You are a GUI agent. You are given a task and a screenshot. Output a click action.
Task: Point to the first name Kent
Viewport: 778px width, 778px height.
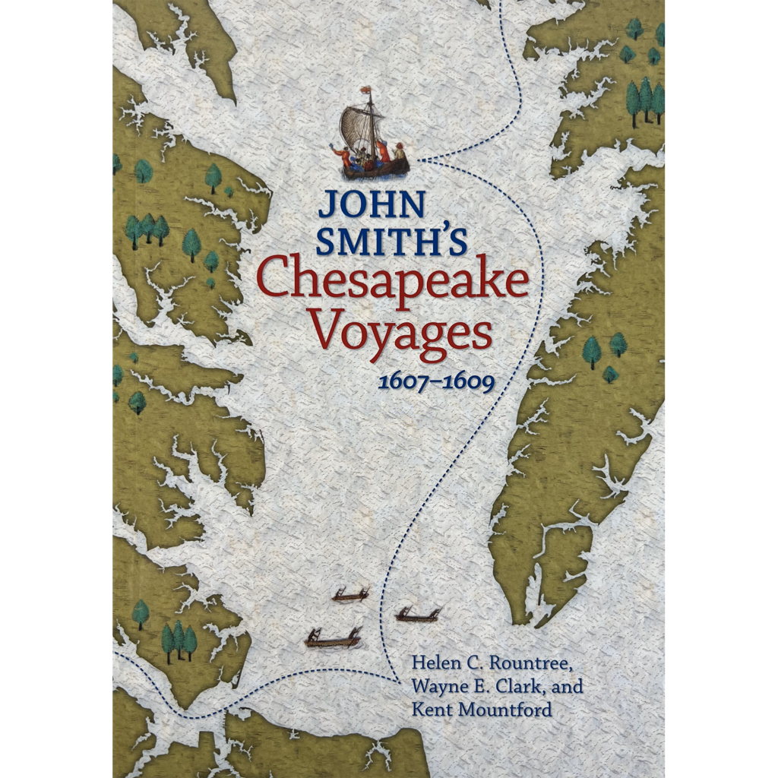click(x=429, y=710)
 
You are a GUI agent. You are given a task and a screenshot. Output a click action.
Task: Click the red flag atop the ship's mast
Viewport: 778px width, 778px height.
click(x=367, y=91)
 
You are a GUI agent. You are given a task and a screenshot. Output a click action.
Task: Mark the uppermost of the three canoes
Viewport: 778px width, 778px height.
click(x=350, y=596)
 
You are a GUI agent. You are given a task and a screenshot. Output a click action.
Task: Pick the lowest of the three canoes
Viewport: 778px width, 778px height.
click(x=333, y=640)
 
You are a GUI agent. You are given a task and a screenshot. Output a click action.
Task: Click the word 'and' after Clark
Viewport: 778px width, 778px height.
click(x=569, y=687)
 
